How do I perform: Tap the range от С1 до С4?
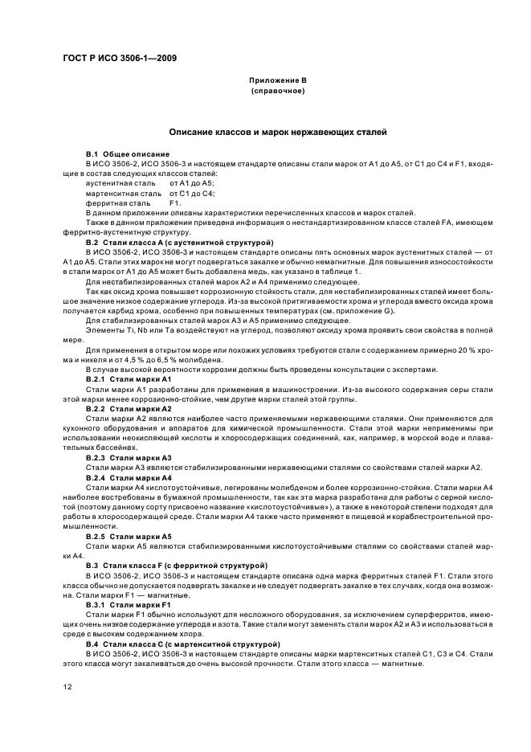[192, 194]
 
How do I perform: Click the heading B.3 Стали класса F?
[177, 566]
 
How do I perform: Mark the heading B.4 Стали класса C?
[182, 644]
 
